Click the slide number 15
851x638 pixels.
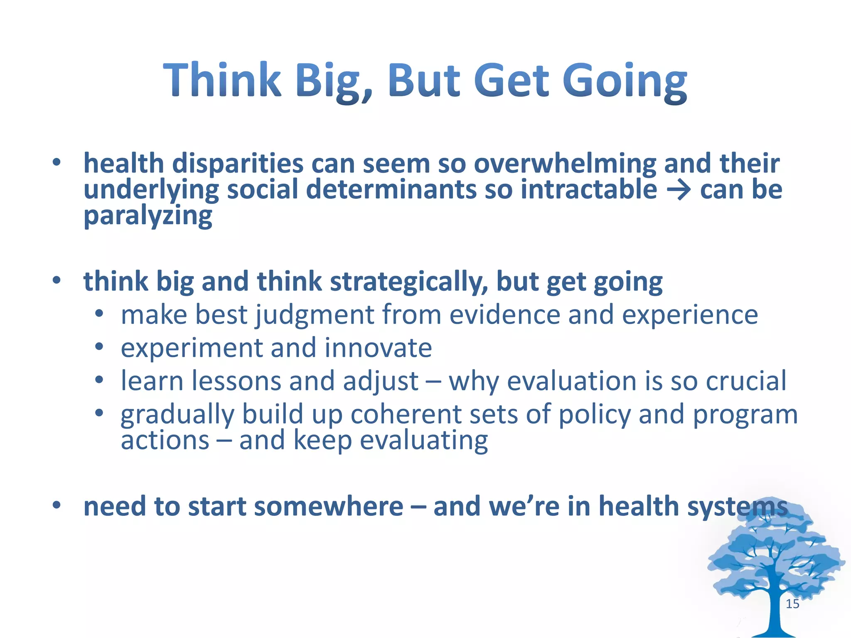[x=792, y=604]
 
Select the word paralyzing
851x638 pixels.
[x=148, y=216]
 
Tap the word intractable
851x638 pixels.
[x=588, y=190]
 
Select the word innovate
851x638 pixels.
[x=378, y=348]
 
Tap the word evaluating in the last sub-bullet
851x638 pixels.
[x=423, y=441]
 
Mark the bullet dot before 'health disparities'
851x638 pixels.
[x=57, y=162]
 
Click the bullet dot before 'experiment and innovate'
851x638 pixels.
[x=98, y=346]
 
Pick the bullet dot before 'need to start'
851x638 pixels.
[x=57, y=505]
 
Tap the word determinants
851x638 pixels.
[x=390, y=190]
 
